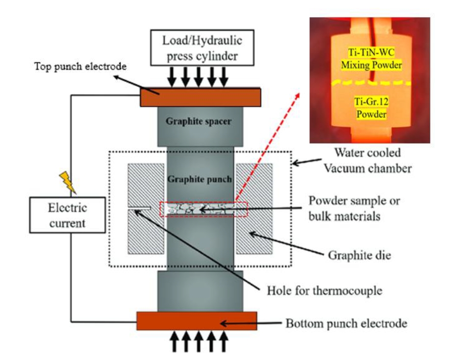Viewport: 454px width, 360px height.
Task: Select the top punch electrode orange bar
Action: coord(200,97)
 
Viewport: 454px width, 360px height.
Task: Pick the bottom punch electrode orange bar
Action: coord(197,321)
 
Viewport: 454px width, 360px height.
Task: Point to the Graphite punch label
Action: coord(199,179)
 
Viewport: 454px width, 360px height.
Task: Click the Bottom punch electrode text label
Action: coord(346,324)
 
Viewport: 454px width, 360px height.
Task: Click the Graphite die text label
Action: coord(355,255)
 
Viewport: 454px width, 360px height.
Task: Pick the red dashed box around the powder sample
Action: coord(204,202)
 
